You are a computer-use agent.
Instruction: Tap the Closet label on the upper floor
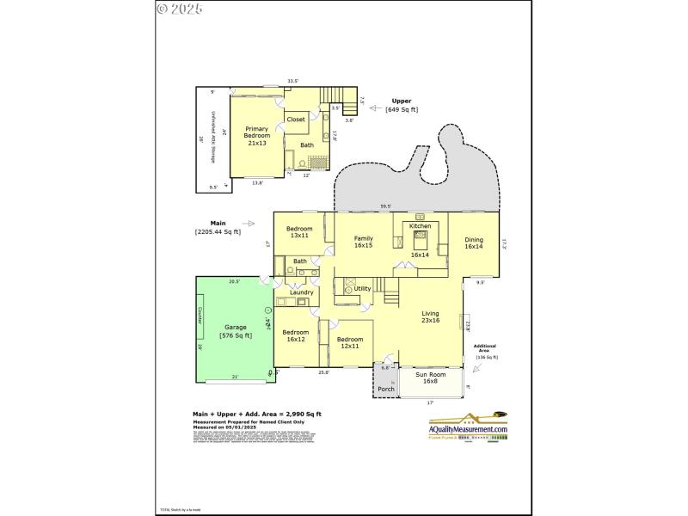coord(296,120)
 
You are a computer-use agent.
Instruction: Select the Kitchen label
coord(420,226)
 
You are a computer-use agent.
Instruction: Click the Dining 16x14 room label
coord(474,243)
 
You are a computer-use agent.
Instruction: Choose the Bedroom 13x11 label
coord(299,232)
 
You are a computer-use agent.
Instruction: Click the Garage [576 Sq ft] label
coord(236,331)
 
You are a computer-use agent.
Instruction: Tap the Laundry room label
coord(301,292)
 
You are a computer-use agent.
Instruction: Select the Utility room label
coord(362,288)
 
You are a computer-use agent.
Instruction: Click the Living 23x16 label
coord(430,317)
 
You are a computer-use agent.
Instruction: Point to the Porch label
coord(385,390)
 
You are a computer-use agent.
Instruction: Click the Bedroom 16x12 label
coord(295,335)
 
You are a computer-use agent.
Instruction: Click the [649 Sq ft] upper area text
coord(401,110)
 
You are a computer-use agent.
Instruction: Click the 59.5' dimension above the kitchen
coord(385,206)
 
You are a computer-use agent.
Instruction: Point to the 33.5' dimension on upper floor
coord(292,81)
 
